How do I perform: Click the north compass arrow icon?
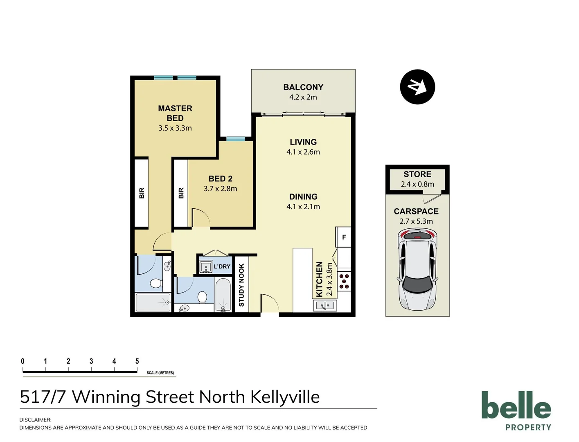pyautogui.click(x=417, y=87)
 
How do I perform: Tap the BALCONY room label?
pyautogui.click(x=303, y=87)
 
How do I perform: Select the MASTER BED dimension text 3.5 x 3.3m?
pyautogui.click(x=175, y=128)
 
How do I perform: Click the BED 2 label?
pyautogui.click(x=220, y=179)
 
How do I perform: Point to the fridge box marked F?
pyautogui.click(x=344, y=237)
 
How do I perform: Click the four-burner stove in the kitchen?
pyautogui.click(x=344, y=281)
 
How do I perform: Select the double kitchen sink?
pyautogui.click(x=325, y=305)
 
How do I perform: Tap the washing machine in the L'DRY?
pyautogui.click(x=205, y=267)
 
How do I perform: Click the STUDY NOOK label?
pyautogui.click(x=241, y=285)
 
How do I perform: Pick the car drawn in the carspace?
pyautogui.click(x=417, y=270)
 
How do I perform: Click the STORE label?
pyautogui.click(x=417, y=174)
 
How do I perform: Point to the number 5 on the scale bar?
pyautogui.click(x=137, y=361)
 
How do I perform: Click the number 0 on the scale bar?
pyautogui.click(x=23, y=361)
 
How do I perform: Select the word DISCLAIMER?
pyautogui.click(x=35, y=419)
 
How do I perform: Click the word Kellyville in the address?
pyautogui.click(x=285, y=397)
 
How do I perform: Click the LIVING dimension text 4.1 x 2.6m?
pyautogui.click(x=303, y=152)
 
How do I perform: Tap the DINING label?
pyautogui.click(x=303, y=197)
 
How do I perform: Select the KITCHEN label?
pyautogui.click(x=320, y=279)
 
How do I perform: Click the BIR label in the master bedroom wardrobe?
pyautogui.click(x=142, y=193)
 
